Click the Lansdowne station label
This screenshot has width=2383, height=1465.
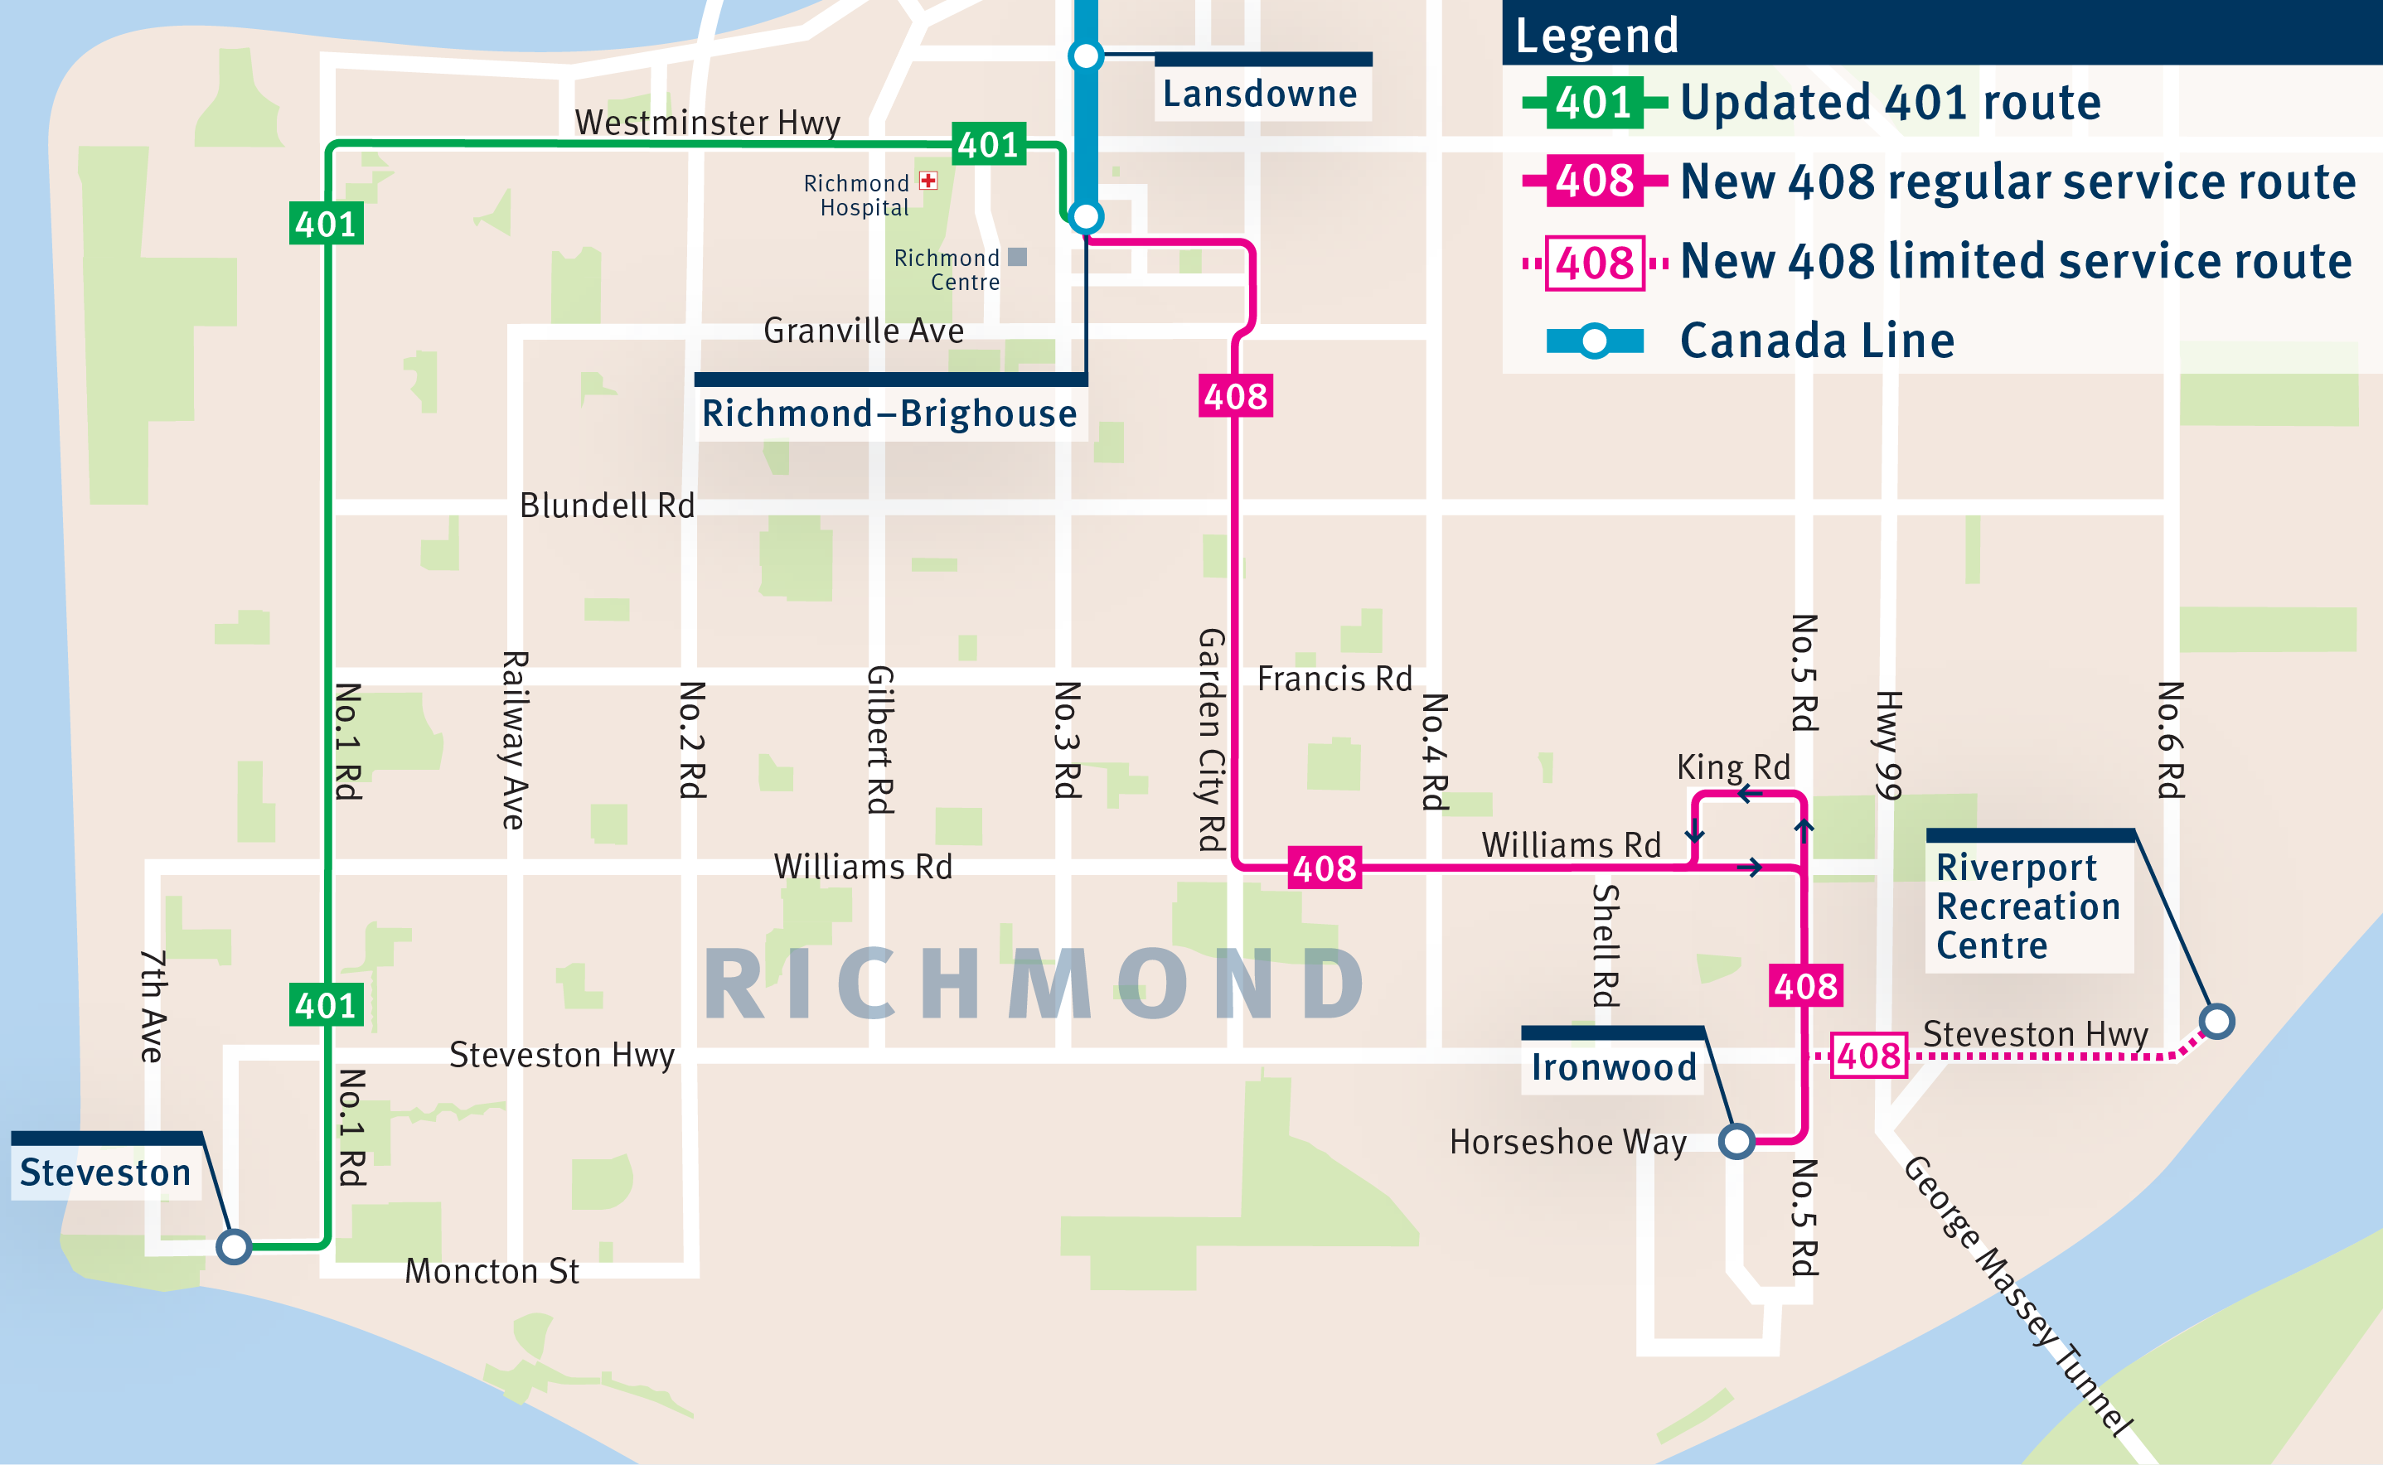[1260, 94]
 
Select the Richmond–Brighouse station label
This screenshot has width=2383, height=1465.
[889, 413]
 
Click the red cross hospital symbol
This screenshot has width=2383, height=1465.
[928, 180]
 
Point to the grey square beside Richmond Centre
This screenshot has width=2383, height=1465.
[1016, 257]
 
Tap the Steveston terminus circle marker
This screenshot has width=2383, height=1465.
[234, 1246]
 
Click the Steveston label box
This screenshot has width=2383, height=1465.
[105, 1172]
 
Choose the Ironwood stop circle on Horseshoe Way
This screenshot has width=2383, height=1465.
[1736, 1141]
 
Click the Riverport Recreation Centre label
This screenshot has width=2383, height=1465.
[2027, 906]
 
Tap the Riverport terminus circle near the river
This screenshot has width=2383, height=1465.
[2216, 1021]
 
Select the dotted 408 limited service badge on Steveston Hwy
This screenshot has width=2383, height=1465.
[1868, 1055]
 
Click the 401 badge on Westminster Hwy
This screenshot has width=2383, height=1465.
[989, 144]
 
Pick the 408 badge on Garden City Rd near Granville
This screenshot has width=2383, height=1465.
[1235, 396]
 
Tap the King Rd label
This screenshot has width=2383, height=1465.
[1732, 767]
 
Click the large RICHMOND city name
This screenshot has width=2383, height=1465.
[1035, 985]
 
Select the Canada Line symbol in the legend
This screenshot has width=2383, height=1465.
[1594, 341]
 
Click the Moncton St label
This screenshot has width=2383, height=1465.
[492, 1271]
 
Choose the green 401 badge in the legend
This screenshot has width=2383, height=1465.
[1594, 103]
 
